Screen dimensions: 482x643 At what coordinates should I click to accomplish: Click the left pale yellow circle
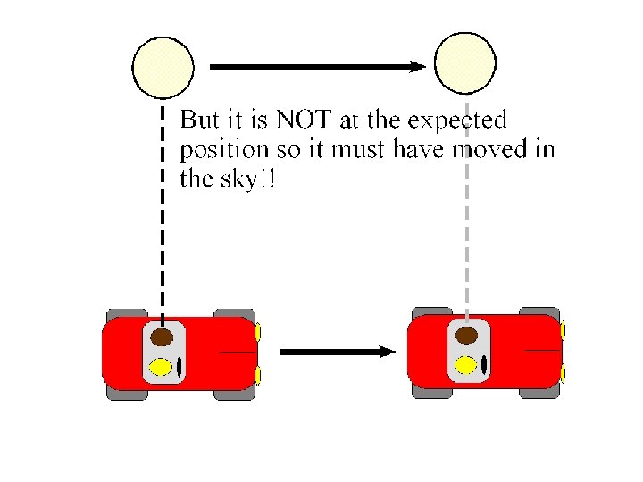[163, 66]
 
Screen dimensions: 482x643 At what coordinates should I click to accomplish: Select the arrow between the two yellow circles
[316, 66]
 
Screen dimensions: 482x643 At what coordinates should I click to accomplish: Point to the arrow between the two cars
[337, 352]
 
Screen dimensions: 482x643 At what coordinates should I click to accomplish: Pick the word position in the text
[224, 148]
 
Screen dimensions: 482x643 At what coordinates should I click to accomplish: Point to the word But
[202, 120]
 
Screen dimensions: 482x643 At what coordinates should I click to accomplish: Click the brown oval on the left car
[162, 337]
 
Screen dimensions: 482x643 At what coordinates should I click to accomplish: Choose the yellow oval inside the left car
[161, 365]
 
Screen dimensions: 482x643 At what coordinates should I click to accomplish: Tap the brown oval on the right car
[466, 336]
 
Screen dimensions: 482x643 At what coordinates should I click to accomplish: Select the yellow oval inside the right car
[465, 364]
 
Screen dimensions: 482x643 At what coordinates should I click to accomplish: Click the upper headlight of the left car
[258, 333]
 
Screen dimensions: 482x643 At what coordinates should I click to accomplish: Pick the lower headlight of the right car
[563, 372]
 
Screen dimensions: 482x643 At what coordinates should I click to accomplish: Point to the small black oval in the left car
[179, 366]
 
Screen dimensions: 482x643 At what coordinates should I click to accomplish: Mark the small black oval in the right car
[484, 364]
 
